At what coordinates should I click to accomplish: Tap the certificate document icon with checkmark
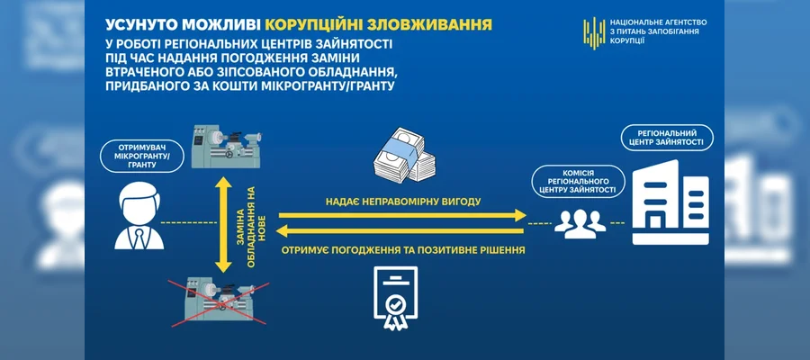(396, 299)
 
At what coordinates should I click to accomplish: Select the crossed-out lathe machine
(218, 303)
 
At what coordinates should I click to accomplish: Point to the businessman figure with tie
(139, 218)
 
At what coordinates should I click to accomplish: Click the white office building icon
(671, 202)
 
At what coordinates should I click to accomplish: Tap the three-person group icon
(580, 223)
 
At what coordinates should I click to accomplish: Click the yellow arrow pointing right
(402, 215)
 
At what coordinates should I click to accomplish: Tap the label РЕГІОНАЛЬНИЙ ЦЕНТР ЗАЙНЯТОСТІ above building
(667, 137)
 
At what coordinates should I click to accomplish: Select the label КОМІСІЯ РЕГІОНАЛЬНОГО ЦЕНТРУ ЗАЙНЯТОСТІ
(579, 181)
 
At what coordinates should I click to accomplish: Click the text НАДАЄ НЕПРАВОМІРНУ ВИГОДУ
(403, 202)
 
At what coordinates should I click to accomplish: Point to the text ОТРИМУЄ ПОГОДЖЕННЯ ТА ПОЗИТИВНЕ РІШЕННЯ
(403, 250)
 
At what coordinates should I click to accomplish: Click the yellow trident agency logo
(594, 32)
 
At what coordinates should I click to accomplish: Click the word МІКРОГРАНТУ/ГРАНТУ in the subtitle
(324, 85)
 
